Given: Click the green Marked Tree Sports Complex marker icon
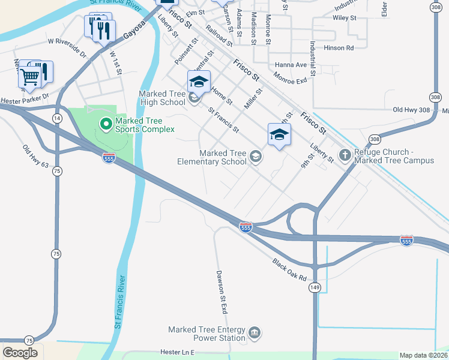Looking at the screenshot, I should (106, 124).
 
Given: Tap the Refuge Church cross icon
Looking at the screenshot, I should (345, 155).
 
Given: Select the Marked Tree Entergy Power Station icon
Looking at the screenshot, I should (255, 333).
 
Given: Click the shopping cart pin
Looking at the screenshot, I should (30, 76).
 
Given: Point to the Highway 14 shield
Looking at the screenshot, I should (56, 119).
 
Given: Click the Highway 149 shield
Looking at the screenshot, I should (315, 288).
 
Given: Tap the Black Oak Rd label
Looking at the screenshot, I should (289, 271).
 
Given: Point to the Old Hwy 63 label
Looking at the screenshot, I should (35, 156).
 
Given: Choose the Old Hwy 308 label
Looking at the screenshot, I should (412, 110).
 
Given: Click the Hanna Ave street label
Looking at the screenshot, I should (291, 65).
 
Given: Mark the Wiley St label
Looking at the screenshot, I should (345, 19).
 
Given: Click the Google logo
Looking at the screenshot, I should (20, 352).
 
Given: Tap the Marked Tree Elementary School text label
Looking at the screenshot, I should (212, 157).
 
